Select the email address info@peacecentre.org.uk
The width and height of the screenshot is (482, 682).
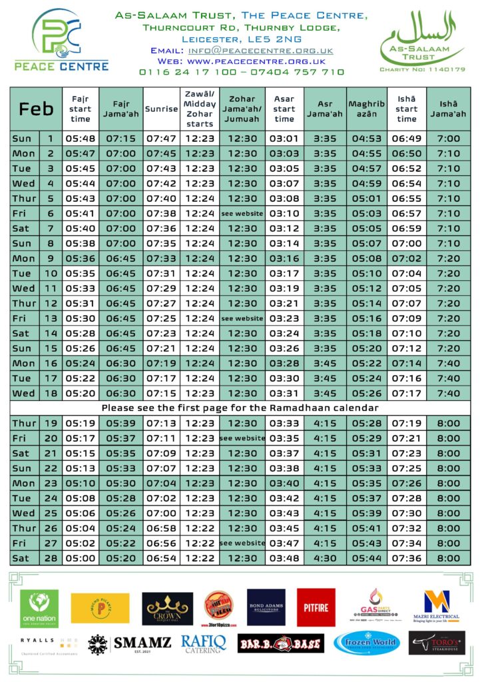click(260, 50)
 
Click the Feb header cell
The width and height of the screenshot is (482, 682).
click(36, 109)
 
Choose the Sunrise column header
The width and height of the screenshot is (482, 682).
click(161, 109)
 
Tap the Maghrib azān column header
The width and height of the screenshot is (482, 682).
click(366, 109)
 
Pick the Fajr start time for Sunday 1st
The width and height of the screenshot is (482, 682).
click(80, 139)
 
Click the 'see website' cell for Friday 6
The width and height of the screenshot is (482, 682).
click(242, 213)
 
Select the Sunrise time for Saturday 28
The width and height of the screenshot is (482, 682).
click(161, 558)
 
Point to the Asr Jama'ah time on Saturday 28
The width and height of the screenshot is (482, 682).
click(325, 558)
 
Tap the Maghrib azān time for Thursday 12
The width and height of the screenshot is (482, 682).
click(366, 303)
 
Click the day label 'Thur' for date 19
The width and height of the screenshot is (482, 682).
click(24, 423)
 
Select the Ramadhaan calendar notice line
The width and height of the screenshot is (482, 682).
click(240, 408)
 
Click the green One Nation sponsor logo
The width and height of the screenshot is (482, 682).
click(39, 608)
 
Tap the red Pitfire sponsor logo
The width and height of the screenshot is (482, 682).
click(316, 607)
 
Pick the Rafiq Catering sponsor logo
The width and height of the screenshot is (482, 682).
click(204, 643)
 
